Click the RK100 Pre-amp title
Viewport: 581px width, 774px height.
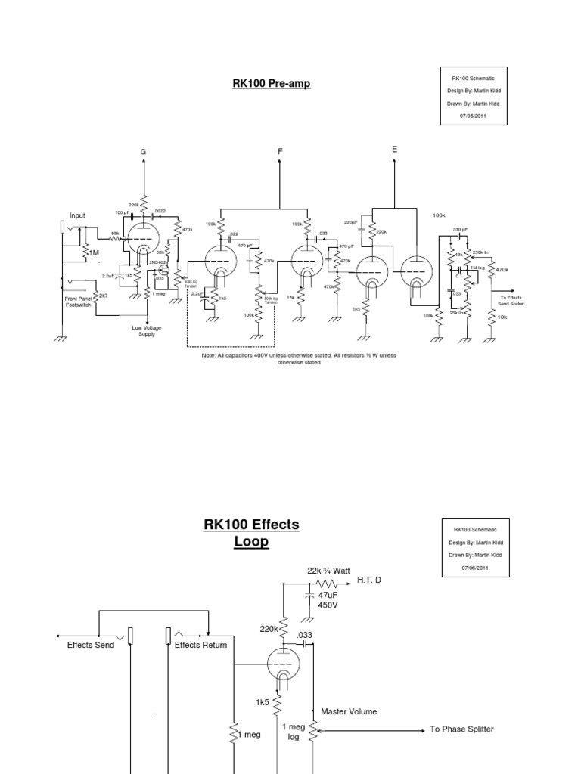pyautogui.click(x=271, y=84)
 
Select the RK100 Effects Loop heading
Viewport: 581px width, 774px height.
pyautogui.click(x=251, y=532)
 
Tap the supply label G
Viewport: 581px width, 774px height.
pyautogui.click(x=142, y=152)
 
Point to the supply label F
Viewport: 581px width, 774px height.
pyautogui.click(x=280, y=152)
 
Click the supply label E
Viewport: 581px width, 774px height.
pyautogui.click(x=394, y=150)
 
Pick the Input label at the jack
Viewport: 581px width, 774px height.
pyautogui.click(x=78, y=215)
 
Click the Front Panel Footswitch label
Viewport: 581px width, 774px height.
pyautogui.click(x=78, y=302)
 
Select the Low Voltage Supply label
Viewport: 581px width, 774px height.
pyautogui.click(x=146, y=330)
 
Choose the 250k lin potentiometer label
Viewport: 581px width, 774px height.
pyautogui.click(x=482, y=252)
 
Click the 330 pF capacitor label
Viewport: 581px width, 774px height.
pyautogui.click(x=461, y=229)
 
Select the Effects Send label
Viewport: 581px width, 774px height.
pyautogui.click(x=90, y=646)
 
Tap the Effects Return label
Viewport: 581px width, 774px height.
pyautogui.click(x=200, y=646)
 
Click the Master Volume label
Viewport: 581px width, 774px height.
pyautogui.click(x=348, y=711)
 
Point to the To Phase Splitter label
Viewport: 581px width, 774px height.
pyautogui.click(x=461, y=729)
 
